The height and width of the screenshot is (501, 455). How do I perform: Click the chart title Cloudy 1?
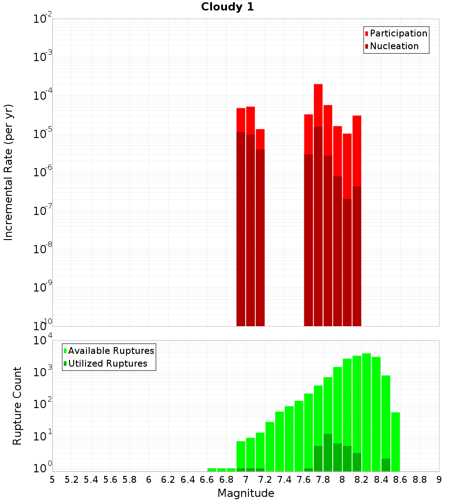click(x=227, y=7)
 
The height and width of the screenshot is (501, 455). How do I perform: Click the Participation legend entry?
click(x=398, y=33)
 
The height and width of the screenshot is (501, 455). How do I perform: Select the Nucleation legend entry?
click(x=394, y=46)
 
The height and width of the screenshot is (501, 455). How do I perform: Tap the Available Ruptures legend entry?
click(x=111, y=351)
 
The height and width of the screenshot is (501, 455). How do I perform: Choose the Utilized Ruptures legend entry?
click(x=107, y=363)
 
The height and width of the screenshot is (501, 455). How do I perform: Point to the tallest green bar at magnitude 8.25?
click(x=366, y=410)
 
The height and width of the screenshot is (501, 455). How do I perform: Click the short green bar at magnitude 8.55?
click(x=395, y=442)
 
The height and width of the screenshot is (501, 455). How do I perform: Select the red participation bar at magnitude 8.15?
click(x=357, y=150)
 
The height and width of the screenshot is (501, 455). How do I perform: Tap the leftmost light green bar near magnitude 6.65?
click(x=212, y=470)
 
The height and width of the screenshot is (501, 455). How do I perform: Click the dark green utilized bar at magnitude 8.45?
click(x=386, y=465)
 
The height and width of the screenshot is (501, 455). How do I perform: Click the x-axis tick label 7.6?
click(x=303, y=480)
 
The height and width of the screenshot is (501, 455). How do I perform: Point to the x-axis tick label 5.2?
click(x=71, y=480)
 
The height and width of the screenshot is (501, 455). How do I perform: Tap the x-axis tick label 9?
click(x=439, y=480)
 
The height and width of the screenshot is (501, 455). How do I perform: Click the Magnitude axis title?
click(x=246, y=493)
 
